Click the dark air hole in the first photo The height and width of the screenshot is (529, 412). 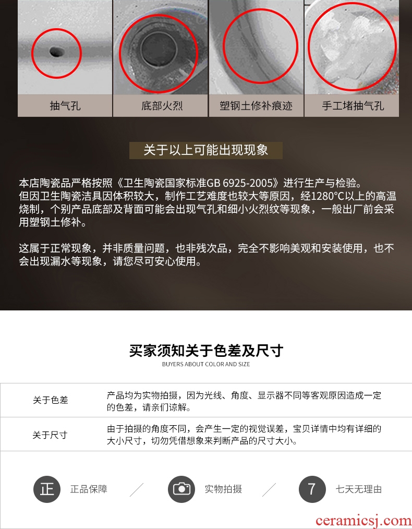(56, 52)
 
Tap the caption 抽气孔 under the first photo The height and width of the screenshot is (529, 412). (65, 105)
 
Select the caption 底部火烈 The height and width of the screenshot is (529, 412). (162, 105)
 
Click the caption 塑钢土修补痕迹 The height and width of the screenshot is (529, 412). (256, 105)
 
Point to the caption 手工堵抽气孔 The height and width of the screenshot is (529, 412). (353, 105)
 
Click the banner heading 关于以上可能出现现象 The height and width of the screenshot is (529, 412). (206, 150)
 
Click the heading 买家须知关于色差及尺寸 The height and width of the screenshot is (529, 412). (206, 351)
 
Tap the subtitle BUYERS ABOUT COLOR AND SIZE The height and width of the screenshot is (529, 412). (206, 364)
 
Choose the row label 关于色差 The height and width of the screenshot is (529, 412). (51, 400)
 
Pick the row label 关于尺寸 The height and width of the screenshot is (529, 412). (50, 435)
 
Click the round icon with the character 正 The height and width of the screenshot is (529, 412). (47, 489)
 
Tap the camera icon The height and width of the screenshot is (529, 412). (181, 489)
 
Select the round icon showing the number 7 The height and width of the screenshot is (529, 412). (312, 489)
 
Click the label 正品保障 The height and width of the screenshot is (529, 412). (89, 489)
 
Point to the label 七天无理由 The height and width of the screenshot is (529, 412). (358, 489)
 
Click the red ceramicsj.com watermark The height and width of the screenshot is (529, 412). (364, 521)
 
